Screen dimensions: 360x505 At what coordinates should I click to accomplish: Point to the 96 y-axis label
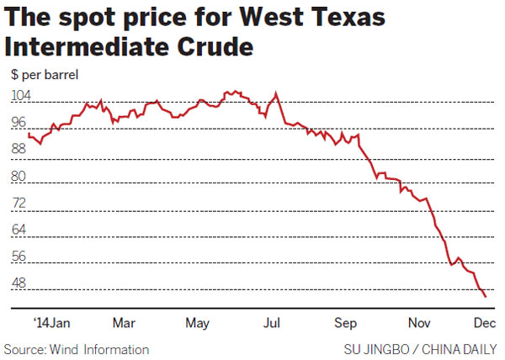(x=19, y=123)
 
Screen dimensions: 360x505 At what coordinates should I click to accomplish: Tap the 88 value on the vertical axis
(x=19, y=150)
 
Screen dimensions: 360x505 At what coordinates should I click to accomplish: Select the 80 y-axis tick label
(x=19, y=177)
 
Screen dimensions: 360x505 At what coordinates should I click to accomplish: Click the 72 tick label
(x=19, y=204)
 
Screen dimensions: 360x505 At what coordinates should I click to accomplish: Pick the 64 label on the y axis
(x=19, y=230)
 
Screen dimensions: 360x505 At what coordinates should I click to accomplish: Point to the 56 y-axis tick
(x=19, y=257)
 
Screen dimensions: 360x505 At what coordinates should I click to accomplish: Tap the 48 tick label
(x=19, y=284)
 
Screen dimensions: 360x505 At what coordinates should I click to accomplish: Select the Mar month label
(x=124, y=323)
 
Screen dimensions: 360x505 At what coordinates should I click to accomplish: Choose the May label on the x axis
(x=198, y=323)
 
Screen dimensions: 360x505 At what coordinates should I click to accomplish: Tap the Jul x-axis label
(x=272, y=323)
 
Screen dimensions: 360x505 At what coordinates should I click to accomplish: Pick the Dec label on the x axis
(x=483, y=323)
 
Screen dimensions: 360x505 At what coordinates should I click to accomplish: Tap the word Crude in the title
(x=206, y=46)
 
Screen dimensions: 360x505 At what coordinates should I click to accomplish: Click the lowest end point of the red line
(x=485, y=296)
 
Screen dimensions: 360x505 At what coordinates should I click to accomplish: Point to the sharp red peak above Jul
(x=276, y=92)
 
